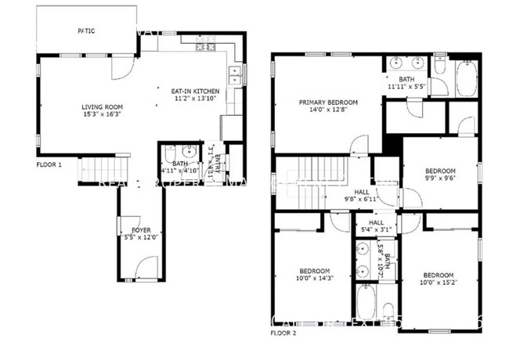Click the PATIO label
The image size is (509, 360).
tap(86, 31)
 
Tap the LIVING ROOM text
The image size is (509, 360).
tap(102, 106)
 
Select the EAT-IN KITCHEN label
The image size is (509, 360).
tap(195, 92)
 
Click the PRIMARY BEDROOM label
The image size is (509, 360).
tap(328, 103)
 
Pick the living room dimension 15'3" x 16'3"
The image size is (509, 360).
tap(102, 115)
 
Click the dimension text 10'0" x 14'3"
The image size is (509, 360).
tap(314, 278)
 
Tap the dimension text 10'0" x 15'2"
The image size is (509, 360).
tap(439, 283)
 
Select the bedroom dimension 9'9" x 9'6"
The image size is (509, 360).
tap(439, 178)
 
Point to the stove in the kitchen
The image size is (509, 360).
tap(206, 47)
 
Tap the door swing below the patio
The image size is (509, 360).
tap(120, 71)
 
